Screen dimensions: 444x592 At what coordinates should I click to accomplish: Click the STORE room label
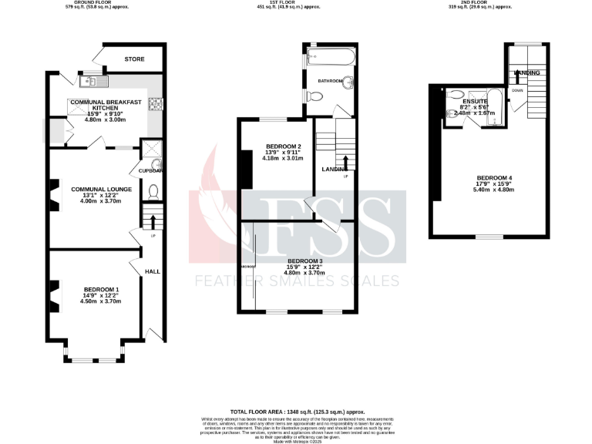(136, 59)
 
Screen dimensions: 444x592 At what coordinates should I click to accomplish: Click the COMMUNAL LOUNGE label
(101, 190)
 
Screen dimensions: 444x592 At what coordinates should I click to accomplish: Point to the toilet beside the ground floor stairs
(152, 192)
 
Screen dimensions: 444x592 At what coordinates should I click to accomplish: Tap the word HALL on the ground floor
(152, 271)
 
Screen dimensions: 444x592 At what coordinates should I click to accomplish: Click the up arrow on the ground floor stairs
(152, 223)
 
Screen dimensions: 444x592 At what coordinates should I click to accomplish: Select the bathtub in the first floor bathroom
(331, 57)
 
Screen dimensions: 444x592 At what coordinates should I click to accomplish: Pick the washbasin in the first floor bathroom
(348, 84)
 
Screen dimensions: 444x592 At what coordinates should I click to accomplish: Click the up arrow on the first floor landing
(345, 163)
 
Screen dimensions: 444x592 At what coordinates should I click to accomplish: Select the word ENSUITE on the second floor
(475, 101)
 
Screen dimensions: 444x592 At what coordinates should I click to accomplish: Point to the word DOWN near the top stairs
(518, 89)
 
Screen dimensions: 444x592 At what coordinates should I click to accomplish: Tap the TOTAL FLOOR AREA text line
(297, 412)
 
